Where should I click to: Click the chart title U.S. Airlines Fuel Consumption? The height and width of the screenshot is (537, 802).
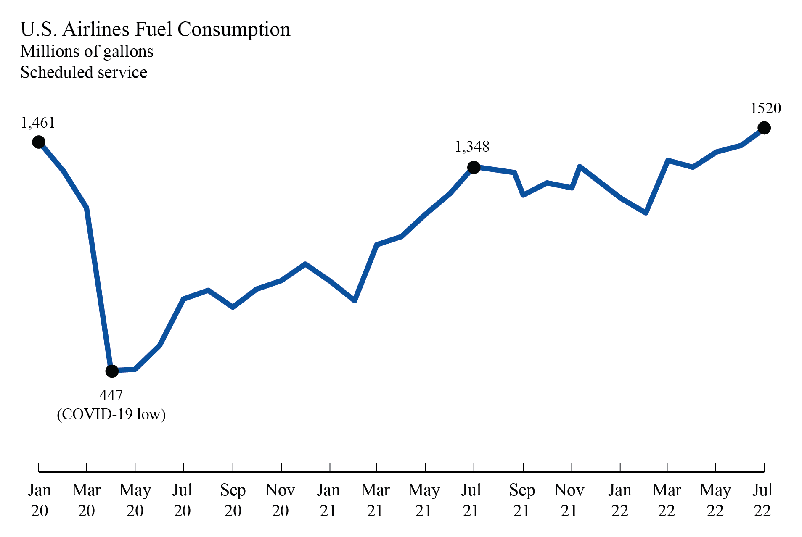[155, 30]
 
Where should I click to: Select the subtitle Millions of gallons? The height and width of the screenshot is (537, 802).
[87, 52]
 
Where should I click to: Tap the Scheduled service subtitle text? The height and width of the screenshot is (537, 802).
[84, 73]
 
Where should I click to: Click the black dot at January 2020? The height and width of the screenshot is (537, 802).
[39, 142]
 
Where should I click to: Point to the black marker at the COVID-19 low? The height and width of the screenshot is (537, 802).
[112, 371]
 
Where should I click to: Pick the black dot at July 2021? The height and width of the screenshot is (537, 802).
[474, 167]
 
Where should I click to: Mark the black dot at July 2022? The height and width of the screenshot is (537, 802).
[764, 128]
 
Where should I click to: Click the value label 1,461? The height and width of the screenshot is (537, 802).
[38, 123]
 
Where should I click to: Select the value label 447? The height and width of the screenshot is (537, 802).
[111, 395]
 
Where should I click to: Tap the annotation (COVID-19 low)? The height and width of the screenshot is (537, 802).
[111, 414]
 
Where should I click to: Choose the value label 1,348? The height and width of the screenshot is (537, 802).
[472, 147]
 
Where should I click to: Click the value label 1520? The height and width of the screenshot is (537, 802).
[765, 108]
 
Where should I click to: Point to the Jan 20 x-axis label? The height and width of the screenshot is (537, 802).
[40, 500]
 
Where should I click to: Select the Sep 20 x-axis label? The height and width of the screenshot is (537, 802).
[233, 500]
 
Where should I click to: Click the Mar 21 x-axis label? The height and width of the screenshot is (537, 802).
[375, 500]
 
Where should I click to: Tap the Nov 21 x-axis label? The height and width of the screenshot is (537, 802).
[569, 500]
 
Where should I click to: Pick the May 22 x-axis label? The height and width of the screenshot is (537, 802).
[715, 500]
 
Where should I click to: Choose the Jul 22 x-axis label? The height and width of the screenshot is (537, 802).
[762, 500]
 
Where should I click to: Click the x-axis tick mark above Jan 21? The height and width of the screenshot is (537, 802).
[330, 467]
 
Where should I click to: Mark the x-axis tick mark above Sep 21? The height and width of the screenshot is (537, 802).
[523, 467]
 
